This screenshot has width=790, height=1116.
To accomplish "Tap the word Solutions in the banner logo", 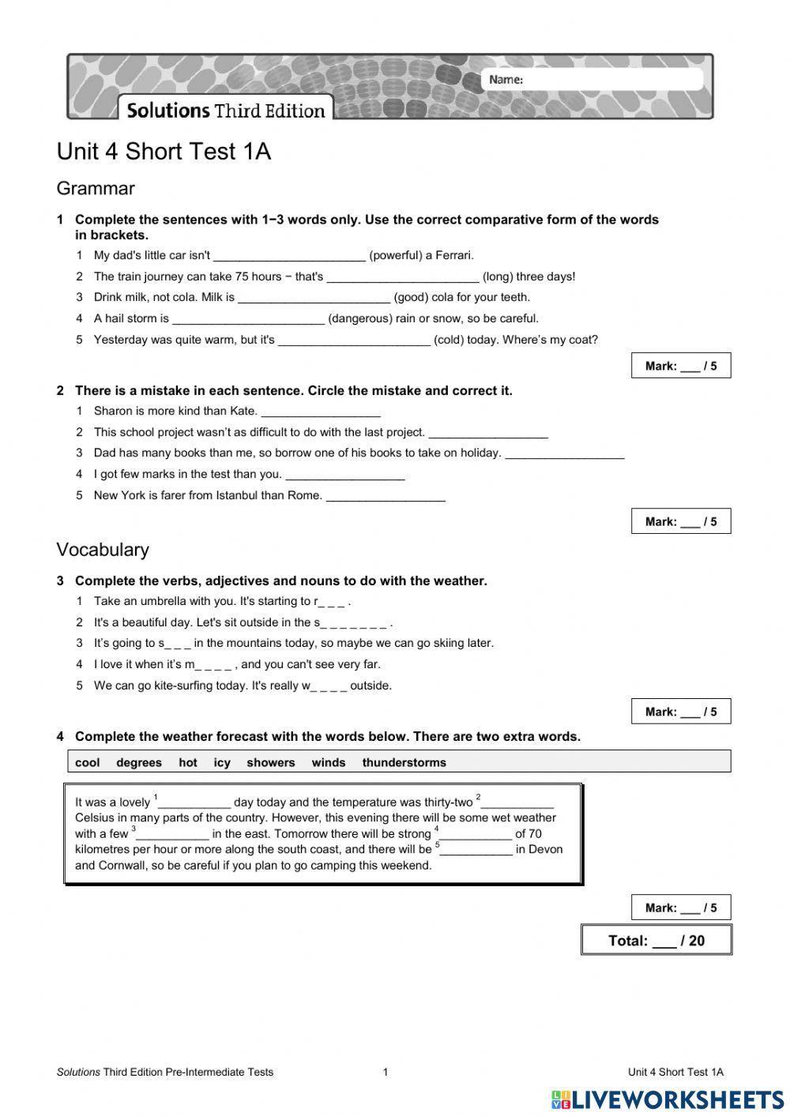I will point(167,111).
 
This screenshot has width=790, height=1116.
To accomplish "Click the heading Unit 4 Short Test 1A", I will point(164,152).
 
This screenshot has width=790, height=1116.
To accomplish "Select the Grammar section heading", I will point(96,189).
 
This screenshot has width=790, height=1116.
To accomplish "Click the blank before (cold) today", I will point(354,341).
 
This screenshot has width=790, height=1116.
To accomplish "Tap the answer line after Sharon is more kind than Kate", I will point(320,412).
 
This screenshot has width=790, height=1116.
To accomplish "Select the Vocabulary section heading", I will point(103,550).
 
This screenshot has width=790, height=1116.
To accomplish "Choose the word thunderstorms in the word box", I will point(404,763).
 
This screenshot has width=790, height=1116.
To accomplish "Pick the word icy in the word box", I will point(222,763).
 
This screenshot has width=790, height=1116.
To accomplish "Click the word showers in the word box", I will point(270,763).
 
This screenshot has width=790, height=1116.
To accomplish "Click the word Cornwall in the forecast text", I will point(124,866).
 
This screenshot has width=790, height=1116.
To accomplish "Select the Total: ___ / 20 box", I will point(656,941).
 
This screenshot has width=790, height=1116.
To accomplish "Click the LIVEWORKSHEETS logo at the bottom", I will point(668,1099).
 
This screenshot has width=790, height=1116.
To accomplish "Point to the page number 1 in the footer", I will point(386,1073).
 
